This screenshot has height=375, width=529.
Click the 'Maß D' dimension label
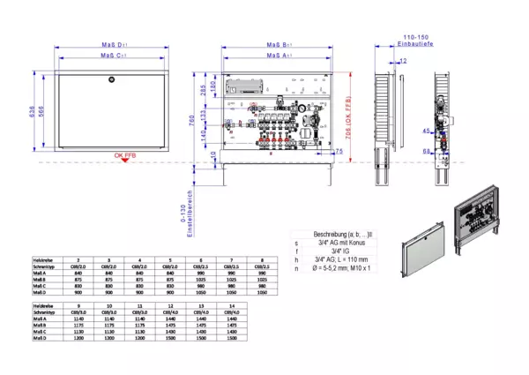(111, 44)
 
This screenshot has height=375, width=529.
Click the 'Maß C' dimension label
(111, 56)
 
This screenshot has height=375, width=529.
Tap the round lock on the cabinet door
(111, 80)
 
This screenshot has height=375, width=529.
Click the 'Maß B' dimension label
(280, 44)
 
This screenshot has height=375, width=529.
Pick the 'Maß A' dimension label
(280, 56)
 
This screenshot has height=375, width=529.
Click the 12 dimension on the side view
(403, 61)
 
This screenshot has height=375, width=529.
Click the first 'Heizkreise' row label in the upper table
(41, 261)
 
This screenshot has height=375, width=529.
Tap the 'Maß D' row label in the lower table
(40, 338)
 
